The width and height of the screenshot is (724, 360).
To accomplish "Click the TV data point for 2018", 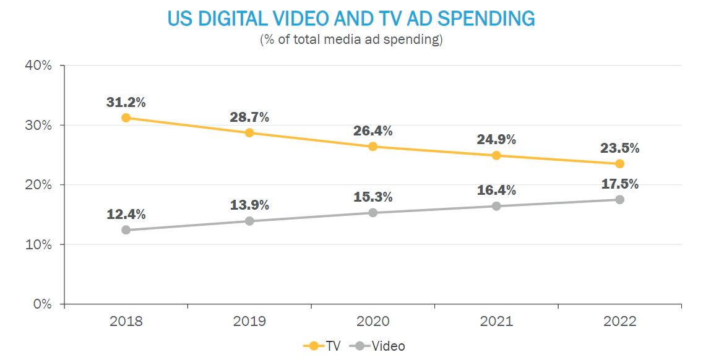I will [126, 118].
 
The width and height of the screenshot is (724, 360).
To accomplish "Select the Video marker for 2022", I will [619, 199].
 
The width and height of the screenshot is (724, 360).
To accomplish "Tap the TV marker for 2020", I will [373, 147].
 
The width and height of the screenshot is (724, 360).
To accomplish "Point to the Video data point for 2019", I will [249, 221].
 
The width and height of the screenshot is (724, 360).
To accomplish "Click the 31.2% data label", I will [126, 102].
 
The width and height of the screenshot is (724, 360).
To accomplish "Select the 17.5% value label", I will [619, 184].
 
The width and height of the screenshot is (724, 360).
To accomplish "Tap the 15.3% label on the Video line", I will [373, 197].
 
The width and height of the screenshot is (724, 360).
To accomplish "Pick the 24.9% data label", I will [496, 140].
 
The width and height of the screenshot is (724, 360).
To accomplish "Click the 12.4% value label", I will [126, 215].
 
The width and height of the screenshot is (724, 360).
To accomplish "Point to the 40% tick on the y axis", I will [38, 66].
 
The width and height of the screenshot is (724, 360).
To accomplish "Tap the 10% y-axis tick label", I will [38, 245].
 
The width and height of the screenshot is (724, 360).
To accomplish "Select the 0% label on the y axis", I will [41, 304].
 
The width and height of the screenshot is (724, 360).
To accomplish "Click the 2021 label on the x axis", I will [496, 322].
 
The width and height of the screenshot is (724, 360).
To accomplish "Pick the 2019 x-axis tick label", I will [249, 322].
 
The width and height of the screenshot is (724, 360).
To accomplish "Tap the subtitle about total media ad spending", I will [351, 40].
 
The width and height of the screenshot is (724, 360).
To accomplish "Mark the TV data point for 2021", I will [496, 155].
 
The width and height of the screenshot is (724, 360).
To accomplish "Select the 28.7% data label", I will [249, 118].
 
